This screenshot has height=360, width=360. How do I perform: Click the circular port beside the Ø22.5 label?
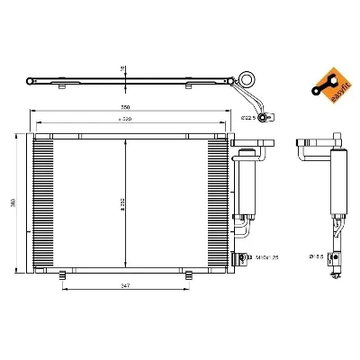263,118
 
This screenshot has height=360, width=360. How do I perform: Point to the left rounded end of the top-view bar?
34,82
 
